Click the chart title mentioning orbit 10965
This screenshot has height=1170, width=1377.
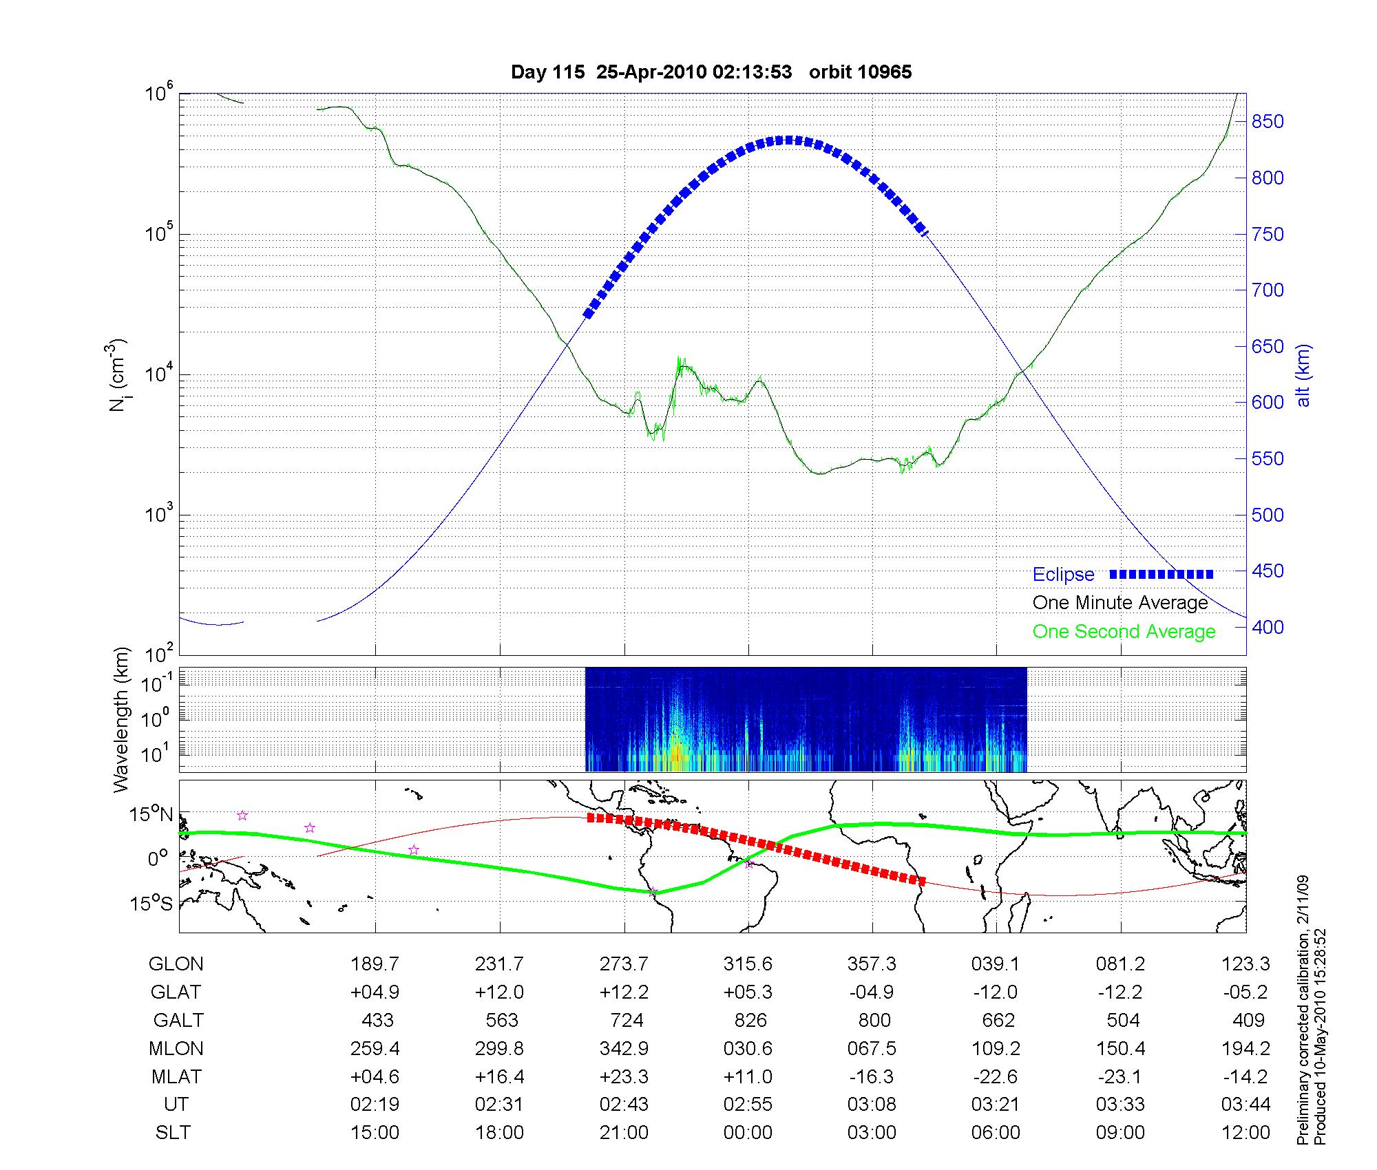(x=711, y=72)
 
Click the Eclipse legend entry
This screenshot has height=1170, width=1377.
(x=1063, y=575)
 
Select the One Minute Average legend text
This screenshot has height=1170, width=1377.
(x=1120, y=603)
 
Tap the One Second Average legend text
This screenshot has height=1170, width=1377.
(x=1124, y=632)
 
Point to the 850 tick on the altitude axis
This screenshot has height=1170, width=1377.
(x=1268, y=122)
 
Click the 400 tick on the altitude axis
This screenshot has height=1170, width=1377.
(x=1268, y=627)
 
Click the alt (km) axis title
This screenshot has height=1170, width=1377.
(x=1303, y=375)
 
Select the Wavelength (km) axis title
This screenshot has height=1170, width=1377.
(x=121, y=719)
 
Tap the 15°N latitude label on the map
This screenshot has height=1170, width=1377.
(x=151, y=815)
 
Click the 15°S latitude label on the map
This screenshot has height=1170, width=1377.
(x=151, y=902)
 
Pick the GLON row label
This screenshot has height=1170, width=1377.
(x=176, y=964)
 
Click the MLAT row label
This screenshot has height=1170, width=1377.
(x=176, y=1076)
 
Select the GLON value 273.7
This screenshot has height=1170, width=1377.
(x=624, y=964)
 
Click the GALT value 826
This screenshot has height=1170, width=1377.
(x=749, y=1020)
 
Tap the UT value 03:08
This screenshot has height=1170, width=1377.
(x=872, y=1105)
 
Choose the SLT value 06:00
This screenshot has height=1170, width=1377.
(x=996, y=1133)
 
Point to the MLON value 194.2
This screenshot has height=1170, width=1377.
(x=1245, y=1048)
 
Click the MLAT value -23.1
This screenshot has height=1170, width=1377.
(x=1121, y=1076)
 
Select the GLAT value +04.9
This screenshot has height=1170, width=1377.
(x=375, y=992)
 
